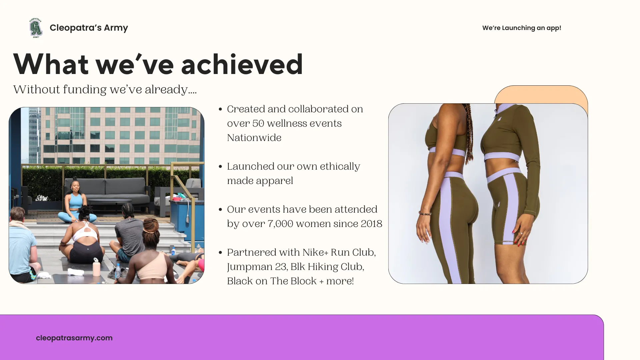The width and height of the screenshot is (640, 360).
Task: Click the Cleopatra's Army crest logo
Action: click(36, 28)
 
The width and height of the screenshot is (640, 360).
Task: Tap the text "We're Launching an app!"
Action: click(522, 28)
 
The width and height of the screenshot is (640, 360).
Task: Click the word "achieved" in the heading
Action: click(242, 64)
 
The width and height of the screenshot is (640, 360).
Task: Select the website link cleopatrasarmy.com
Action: click(74, 338)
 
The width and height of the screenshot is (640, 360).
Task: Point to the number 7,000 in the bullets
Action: click(280, 224)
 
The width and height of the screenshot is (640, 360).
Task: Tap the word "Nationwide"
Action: click(254, 138)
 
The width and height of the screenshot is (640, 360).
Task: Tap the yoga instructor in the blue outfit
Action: click(76, 202)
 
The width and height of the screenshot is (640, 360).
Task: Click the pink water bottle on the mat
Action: click(96, 267)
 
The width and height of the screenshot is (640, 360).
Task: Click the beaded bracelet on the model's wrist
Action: click(425, 213)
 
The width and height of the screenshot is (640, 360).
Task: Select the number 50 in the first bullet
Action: click(258, 123)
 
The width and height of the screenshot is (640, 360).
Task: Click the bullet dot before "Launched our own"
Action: click(220, 167)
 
